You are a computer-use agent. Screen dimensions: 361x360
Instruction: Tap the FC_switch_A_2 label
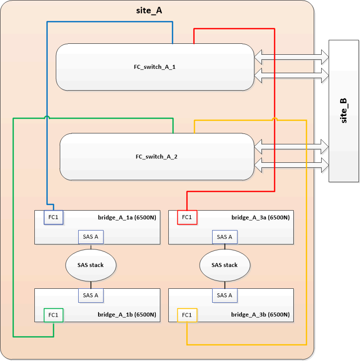click(x=156, y=156)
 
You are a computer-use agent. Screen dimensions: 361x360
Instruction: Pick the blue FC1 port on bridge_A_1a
click(x=54, y=217)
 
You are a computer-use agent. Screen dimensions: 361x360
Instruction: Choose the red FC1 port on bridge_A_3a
click(x=187, y=217)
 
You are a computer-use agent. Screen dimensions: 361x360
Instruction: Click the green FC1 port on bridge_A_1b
click(x=54, y=315)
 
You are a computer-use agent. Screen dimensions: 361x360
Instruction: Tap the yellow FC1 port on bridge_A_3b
click(x=187, y=315)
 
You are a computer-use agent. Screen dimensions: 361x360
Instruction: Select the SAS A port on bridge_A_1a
click(x=91, y=237)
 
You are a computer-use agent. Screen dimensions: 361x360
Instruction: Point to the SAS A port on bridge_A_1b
click(x=91, y=295)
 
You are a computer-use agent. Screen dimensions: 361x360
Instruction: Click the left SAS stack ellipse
click(x=91, y=265)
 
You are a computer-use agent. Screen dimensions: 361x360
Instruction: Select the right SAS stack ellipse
click(x=225, y=265)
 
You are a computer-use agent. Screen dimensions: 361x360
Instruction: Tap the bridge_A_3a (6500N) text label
click(x=260, y=218)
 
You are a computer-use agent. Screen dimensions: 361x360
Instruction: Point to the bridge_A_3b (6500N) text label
click(x=260, y=315)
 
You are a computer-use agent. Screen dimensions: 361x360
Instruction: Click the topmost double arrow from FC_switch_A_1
click(x=291, y=57)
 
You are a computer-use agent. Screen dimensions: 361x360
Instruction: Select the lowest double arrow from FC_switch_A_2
click(x=291, y=164)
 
